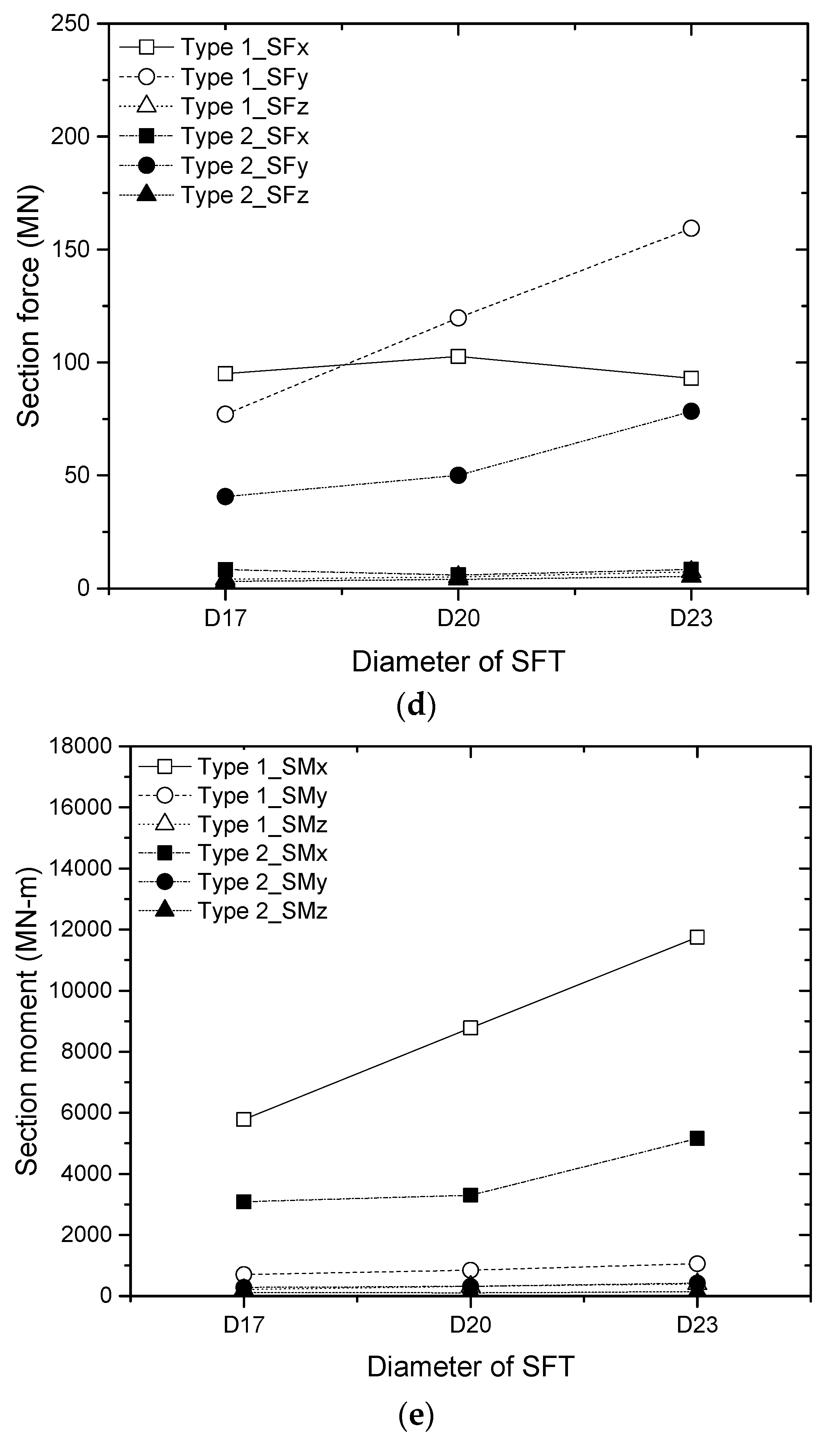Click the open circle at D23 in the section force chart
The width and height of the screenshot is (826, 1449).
click(x=691, y=228)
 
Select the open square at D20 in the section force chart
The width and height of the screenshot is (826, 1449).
click(x=458, y=357)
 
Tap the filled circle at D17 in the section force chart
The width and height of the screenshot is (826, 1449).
click(x=225, y=496)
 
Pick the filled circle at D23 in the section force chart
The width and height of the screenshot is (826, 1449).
click(x=691, y=412)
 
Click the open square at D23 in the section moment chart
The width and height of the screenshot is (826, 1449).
click(x=697, y=937)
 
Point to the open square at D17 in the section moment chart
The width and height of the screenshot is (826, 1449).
click(x=244, y=1119)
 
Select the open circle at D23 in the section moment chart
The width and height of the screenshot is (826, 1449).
click(x=697, y=1263)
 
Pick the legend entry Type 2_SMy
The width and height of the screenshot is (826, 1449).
click(x=262, y=882)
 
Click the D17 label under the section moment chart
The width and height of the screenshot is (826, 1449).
click(x=244, y=1325)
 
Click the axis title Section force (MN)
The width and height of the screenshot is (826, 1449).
click(x=28, y=307)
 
